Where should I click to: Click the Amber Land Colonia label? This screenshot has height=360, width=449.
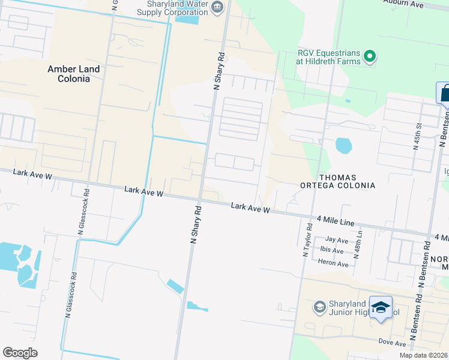[74, 74]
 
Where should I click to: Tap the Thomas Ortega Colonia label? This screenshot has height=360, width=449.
[339, 181]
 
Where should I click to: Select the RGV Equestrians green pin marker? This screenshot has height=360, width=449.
[370, 57]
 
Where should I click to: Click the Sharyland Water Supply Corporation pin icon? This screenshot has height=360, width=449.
[217, 8]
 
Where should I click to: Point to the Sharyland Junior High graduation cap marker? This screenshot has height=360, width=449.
[381, 308]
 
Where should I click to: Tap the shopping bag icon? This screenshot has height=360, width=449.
[445, 94]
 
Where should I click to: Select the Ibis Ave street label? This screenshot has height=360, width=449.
[331, 250]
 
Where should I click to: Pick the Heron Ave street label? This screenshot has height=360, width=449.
[334, 264]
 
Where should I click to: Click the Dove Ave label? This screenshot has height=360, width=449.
[393, 343]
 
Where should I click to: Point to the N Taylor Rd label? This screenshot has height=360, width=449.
[308, 240]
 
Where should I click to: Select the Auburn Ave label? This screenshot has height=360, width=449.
[409, 4]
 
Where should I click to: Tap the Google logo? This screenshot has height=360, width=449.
[20, 353]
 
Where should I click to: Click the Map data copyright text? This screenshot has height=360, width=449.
[424, 355]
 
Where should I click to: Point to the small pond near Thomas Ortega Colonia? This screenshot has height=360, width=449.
[343, 145]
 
